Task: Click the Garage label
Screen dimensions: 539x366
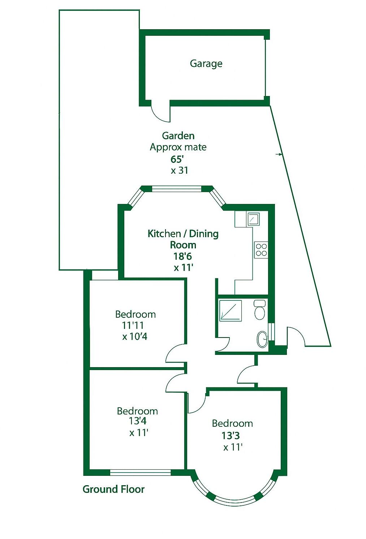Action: tap(206, 64)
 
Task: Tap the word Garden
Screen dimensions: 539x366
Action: tap(178, 136)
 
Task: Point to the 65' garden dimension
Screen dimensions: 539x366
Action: tap(178, 159)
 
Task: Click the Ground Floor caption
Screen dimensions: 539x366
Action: tap(113, 489)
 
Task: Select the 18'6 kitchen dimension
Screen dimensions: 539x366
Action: tap(182, 256)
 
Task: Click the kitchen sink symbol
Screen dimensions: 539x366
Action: tap(253, 219)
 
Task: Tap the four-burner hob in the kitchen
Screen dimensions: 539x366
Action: tap(261, 249)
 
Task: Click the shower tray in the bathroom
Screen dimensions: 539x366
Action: tap(231, 310)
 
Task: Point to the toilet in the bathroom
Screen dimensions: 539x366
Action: tap(259, 310)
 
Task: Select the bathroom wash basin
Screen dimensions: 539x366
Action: tap(262, 339)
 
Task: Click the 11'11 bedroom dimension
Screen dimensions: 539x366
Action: tap(133, 325)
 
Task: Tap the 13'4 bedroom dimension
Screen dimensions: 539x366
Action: tap(138, 421)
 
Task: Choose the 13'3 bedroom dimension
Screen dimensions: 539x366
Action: tap(231, 435)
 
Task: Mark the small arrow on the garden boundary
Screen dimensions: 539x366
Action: tap(279, 155)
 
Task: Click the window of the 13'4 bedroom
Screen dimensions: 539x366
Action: tap(140, 472)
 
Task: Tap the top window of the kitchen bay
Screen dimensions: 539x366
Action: tap(176, 188)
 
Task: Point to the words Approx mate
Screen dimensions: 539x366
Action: tap(178, 147)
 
